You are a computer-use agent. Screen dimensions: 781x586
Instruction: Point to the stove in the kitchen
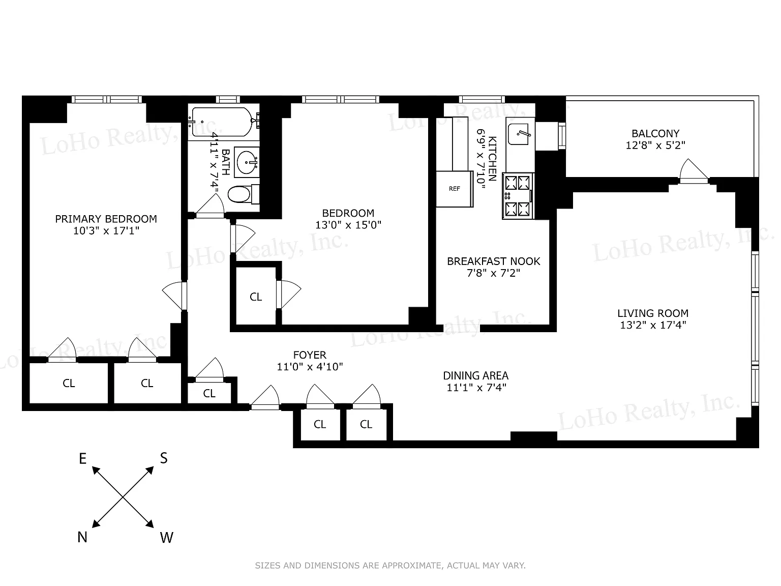[x=518, y=196]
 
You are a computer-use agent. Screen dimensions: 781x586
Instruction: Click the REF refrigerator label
[x=455, y=189]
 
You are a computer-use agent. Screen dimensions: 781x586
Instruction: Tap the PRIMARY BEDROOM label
[x=106, y=219]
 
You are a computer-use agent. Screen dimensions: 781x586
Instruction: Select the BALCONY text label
[x=655, y=133]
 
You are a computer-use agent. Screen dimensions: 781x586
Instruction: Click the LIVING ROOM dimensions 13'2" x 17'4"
[x=653, y=325]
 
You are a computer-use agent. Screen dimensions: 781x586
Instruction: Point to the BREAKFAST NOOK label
[x=494, y=261]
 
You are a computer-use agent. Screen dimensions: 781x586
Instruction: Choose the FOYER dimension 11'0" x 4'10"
[x=310, y=366]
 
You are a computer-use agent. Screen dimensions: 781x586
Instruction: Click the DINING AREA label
[x=476, y=375]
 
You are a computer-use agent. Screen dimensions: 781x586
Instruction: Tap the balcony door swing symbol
[x=694, y=171]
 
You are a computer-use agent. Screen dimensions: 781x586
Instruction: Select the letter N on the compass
[x=82, y=537]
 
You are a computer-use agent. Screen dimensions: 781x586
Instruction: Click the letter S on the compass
[x=164, y=458]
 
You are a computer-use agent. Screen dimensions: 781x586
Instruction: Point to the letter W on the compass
[x=166, y=537]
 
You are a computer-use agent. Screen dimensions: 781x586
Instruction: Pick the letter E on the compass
[x=82, y=459]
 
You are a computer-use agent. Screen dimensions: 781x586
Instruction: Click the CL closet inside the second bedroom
[x=256, y=297]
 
